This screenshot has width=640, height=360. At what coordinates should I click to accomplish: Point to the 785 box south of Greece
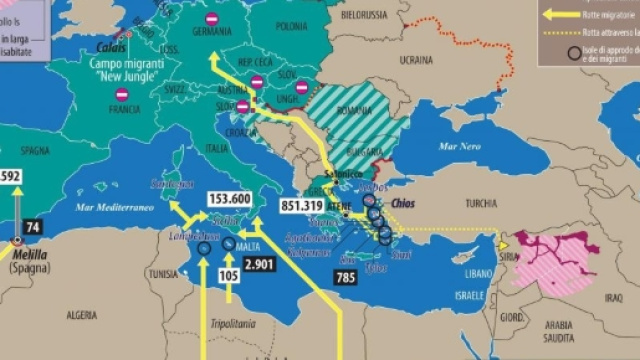345,277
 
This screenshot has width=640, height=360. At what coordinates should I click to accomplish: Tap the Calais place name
109,46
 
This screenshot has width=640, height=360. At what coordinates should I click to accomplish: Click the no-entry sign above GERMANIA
212,18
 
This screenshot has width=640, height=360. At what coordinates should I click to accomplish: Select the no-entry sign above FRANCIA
122,94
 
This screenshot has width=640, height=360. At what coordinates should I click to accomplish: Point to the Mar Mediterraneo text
111,208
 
